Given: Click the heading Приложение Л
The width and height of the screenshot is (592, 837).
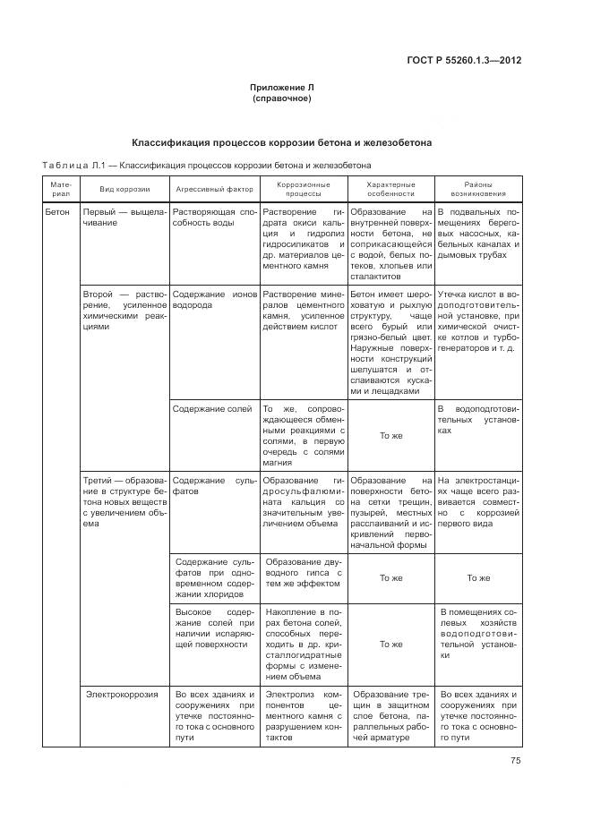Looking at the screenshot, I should pyautogui.click(x=282, y=87).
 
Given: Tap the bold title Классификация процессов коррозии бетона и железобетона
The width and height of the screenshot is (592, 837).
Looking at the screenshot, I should pyautogui.click(x=282, y=142).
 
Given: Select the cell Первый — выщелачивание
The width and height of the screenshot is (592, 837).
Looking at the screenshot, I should pyautogui.click(x=124, y=218).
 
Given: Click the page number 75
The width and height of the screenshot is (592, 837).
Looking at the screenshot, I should pyautogui.click(x=515, y=761).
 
